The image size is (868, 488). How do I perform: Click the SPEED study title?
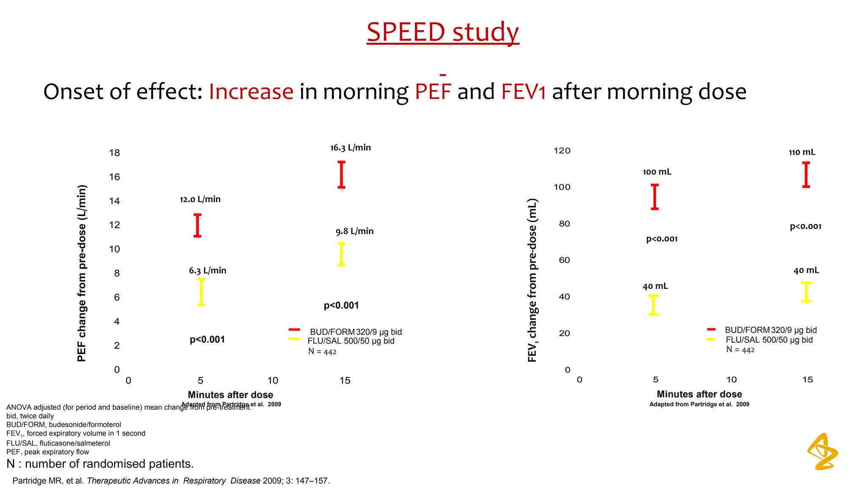point(442,32)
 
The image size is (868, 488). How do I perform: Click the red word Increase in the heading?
point(251,91)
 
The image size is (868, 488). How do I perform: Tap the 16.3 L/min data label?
point(351,148)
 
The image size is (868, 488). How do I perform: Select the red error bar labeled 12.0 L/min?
point(198,225)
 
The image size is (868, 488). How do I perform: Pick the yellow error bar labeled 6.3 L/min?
point(201,292)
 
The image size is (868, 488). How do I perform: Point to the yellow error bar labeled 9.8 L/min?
point(341,254)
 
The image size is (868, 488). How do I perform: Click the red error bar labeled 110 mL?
point(806,175)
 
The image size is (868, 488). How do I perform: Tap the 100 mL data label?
point(657,172)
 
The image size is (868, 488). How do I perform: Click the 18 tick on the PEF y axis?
point(114,153)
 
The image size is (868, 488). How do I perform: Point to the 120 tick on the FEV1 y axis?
point(562,151)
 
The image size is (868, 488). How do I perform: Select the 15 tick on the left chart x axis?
point(345,380)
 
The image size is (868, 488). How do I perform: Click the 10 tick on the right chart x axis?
point(732,380)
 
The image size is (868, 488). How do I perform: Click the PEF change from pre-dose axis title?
point(82,273)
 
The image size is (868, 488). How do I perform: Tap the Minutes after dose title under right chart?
point(699,394)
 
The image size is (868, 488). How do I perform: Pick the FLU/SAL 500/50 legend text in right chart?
point(769,340)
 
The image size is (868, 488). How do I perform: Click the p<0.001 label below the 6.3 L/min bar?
point(207,340)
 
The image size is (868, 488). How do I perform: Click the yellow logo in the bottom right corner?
point(823,452)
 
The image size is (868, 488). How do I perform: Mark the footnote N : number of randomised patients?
point(100,464)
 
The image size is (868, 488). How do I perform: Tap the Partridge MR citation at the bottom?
point(171,481)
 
